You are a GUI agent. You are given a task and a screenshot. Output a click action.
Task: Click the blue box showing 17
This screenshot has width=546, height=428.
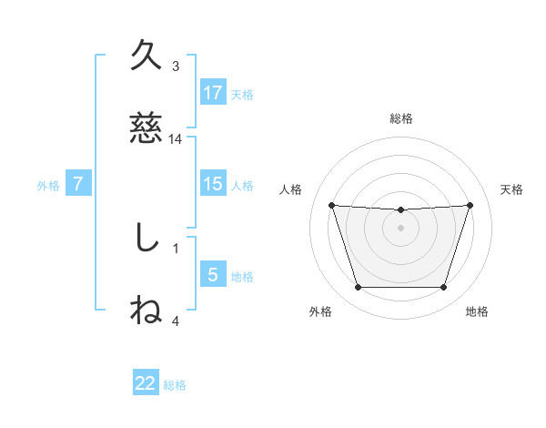click(x=213, y=93)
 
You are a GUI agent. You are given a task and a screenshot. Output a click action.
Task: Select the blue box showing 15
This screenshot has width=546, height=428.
click(x=213, y=184)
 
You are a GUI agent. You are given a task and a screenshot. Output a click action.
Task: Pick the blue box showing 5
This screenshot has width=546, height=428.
click(x=213, y=275)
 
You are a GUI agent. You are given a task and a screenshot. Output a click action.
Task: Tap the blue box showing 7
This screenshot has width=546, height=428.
click(x=78, y=184)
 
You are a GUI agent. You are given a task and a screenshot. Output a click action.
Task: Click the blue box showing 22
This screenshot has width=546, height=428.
click(x=146, y=383)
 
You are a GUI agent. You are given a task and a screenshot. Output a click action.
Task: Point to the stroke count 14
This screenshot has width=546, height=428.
click(x=176, y=139)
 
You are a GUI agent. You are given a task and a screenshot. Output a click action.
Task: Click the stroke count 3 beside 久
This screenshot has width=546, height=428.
click(x=176, y=66)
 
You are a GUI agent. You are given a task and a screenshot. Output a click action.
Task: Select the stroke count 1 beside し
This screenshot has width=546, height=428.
click(x=176, y=247)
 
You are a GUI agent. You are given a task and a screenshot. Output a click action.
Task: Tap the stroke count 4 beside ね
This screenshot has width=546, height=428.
click(x=176, y=320)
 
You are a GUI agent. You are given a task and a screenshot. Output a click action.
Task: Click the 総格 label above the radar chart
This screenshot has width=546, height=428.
click(x=401, y=118)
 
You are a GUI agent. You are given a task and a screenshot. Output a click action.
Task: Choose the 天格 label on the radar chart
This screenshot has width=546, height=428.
click(x=511, y=189)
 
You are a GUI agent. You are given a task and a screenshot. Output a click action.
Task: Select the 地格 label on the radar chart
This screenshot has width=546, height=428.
click(x=477, y=311)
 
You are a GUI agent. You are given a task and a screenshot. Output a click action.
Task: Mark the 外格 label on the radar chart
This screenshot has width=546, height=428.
click(x=320, y=311)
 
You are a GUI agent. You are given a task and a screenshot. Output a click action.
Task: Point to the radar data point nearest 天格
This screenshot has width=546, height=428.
click(x=470, y=205)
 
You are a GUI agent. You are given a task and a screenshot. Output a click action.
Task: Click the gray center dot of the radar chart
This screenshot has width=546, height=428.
click(x=400, y=227)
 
